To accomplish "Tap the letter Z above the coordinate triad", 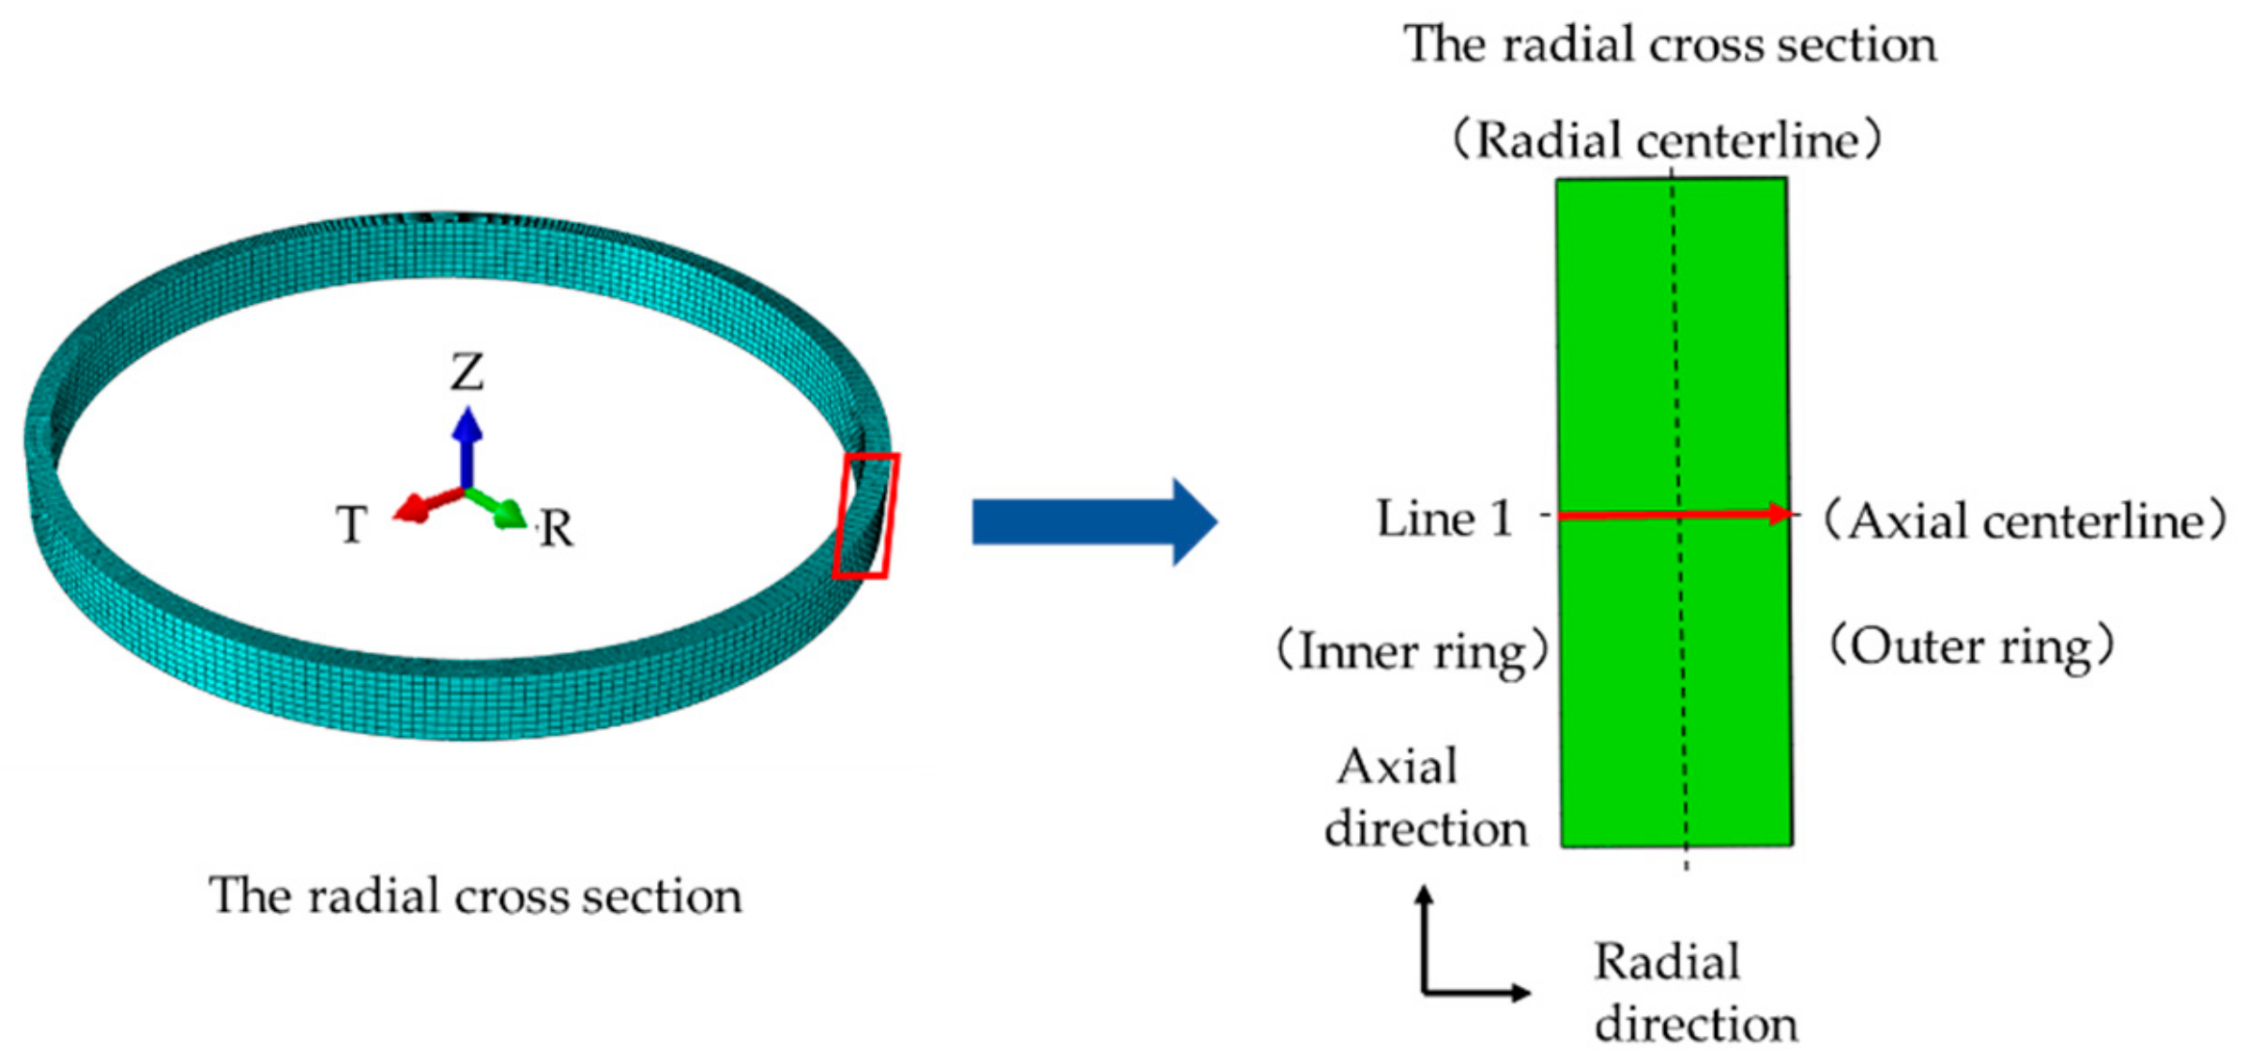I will coord(467,371).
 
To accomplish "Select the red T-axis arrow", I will coord(423,506).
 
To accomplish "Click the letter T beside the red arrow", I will coord(351,525).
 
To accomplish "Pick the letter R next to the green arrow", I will coord(556,529).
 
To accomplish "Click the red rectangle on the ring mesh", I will coord(865,517).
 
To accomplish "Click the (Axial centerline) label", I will coord(2026,522).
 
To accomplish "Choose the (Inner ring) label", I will coord(1411,652).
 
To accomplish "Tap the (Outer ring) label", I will coord(1971,646).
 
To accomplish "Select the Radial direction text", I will coord(1695,992).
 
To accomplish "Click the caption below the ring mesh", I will coord(475,897).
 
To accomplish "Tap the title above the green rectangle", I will coord(1670,44).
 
